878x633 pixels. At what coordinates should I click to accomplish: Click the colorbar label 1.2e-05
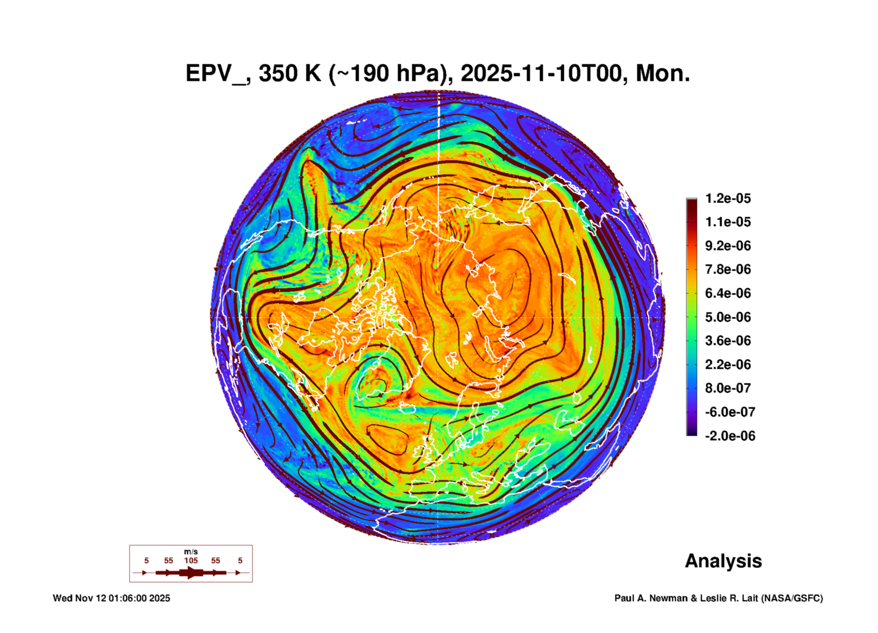point(728,198)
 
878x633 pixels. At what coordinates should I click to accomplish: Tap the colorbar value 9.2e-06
point(728,246)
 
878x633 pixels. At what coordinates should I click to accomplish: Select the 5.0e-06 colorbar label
point(728,317)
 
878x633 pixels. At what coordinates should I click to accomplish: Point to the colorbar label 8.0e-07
point(728,388)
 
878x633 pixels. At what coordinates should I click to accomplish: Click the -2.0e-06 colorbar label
point(730,436)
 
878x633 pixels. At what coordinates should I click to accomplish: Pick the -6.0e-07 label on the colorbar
point(730,412)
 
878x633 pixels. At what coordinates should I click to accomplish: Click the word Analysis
point(723,561)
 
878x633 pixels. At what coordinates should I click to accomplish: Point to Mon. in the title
point(662,74)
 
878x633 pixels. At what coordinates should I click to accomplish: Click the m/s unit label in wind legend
point(191,552)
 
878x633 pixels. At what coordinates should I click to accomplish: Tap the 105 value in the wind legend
point(191,560)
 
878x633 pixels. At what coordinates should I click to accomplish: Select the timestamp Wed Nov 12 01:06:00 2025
point(112,598)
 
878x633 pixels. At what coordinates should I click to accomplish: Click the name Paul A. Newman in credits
point(651,598)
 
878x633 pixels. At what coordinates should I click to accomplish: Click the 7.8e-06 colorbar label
point(728,269)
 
